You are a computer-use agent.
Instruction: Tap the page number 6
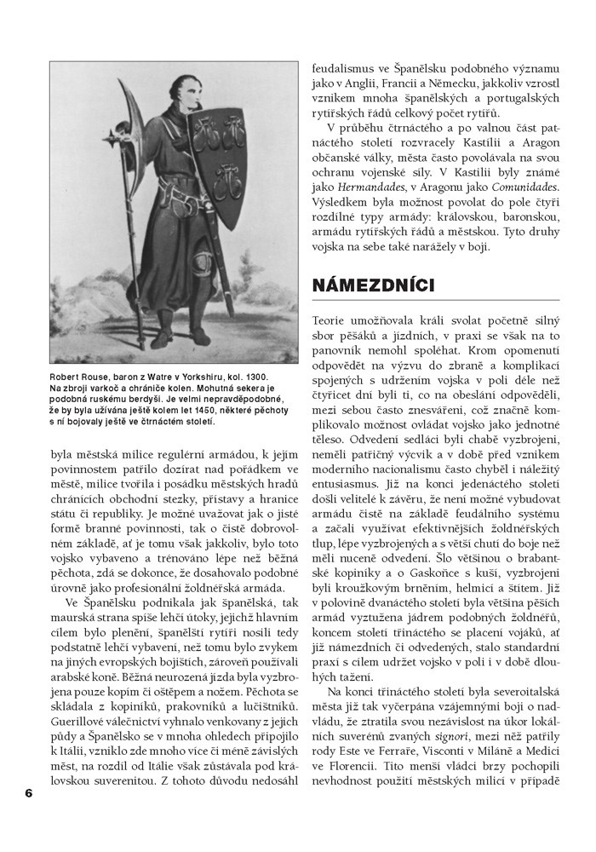tap(28, 792)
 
